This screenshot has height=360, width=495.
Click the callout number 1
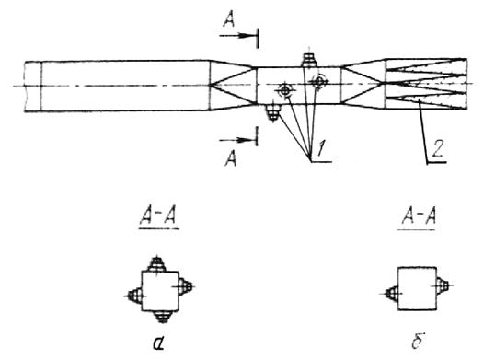tap(321, 148)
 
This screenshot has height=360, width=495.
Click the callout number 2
tap(438, 148)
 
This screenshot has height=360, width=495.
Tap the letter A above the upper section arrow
tap(229, 20)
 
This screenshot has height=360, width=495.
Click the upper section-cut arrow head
tap(244, 36)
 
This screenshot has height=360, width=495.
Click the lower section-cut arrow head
tap(244, 140)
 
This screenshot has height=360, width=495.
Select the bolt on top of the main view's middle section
tap(309, 60)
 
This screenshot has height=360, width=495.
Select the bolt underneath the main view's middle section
tap(273, 112)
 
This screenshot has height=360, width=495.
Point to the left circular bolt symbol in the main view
tap(285, 90)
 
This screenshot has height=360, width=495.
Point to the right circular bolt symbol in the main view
tap(319, 82)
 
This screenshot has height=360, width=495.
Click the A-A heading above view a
tap(158, 217)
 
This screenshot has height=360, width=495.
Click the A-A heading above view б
tap(419, 217)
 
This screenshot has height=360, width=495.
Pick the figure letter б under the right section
tap(418, 341)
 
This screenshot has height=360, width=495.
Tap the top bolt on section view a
tap(156, 264)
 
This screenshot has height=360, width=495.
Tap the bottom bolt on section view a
tap(162, 317)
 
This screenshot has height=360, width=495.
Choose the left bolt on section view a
tap(135, 296)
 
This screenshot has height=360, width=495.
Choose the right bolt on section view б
tap(443, 285)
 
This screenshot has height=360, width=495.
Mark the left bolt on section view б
tap(392, 294)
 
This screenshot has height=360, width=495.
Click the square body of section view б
tap(417, 289)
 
